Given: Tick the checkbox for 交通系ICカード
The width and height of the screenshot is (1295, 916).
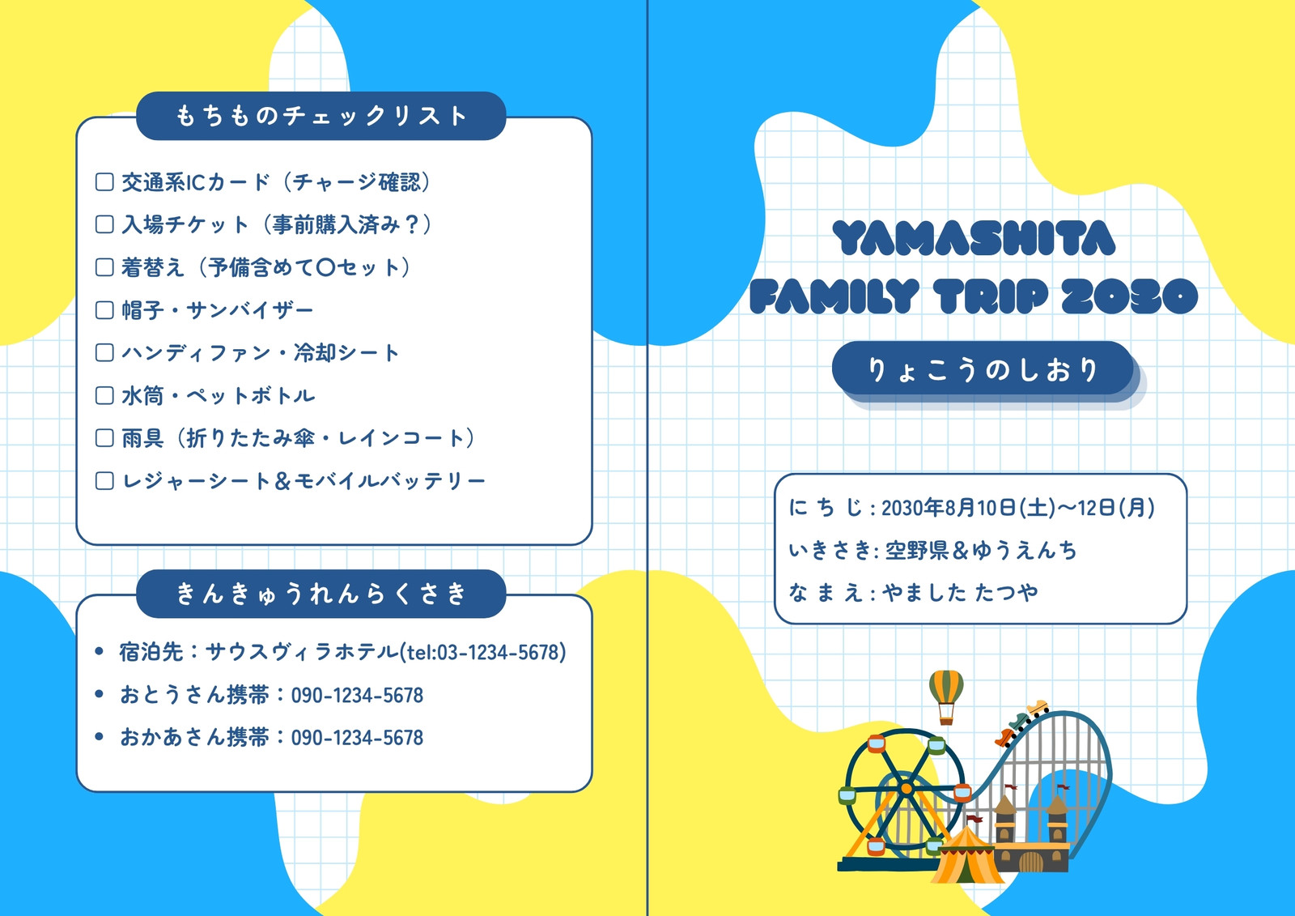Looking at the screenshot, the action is pyautogui.click(x=104, y=181).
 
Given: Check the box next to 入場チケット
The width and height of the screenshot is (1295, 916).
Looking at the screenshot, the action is pyautogui.click(x=104, y=224).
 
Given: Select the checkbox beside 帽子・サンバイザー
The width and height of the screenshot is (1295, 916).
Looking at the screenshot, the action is pyautogui.click(x=104, y=310).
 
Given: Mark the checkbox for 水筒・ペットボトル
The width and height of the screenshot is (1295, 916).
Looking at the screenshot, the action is pyautogui.click(x=104, y=395).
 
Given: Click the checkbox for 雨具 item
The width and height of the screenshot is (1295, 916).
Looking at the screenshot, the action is pyautogui.click(x=104, y=438).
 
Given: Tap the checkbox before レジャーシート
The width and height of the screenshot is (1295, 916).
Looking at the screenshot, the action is pyautogui.click(x=104, y=481).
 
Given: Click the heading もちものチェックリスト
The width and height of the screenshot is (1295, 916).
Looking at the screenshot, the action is pyautogui.click(x=321, y=116).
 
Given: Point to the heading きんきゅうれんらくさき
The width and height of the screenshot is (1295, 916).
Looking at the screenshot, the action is pyautogui.click(x=321, y=594).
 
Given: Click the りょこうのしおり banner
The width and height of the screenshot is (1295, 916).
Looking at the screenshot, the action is pyautogui.click(x=983, y=369).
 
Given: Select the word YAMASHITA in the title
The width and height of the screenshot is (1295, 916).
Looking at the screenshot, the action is pyautogui.click(x=974, y=238).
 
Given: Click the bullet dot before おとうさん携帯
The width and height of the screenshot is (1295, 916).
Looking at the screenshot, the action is pyautogui.click(x=99, y=694).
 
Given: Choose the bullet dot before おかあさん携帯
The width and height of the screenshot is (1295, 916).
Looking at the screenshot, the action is pyautogui.click(x=99, y=737).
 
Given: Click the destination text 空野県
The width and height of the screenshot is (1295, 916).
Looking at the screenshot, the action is pyautogui.click(x=918, y=550).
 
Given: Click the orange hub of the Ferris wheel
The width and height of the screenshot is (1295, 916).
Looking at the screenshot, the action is pyautogui.click(x=906, y=788).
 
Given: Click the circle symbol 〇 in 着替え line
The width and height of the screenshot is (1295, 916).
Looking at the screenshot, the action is pyautogui.click(x=326, y=268).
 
